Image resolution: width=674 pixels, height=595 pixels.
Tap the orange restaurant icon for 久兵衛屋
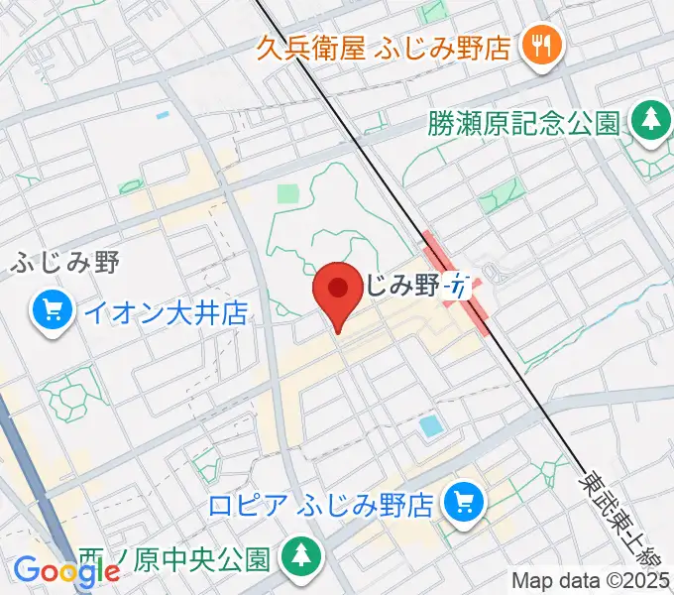(x=542, y=46)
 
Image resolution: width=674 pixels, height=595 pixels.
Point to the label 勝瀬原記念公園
(x=524, y=123)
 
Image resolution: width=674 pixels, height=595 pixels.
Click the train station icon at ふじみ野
(x=457, y=286)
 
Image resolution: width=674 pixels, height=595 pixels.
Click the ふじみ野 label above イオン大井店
(x=66, y=264)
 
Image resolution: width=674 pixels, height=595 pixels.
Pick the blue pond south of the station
(x=431, y=427)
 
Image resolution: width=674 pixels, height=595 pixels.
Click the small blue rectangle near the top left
(x=163, y=116)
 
